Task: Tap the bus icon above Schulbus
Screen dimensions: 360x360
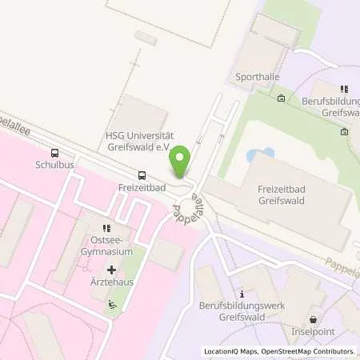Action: click(54, 153)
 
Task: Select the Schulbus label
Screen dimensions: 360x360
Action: click(53, 166)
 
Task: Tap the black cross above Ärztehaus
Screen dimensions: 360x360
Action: click(111, 270)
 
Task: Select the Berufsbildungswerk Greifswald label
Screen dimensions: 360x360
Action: click(242, 311)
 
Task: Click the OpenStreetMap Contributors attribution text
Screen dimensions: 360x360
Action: click(305, 351)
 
